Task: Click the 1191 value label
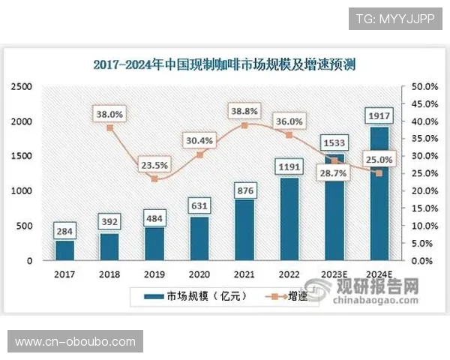pyautogui.click(x=287, y=166)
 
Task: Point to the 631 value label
pyautogui.click(x=199, y=205)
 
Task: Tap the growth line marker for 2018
pyautogui.click(x=110, y=127)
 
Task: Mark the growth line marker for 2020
pyautogui.click(x=199, y=154)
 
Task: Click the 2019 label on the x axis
pyautogui.click(x=154, y=274)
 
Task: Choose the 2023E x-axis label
pyautogui.click(x=333, y=274)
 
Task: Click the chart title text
pyautogui.click(x=224, y=64)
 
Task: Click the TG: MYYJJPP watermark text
pyautogui.click(x=395, y=19)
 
